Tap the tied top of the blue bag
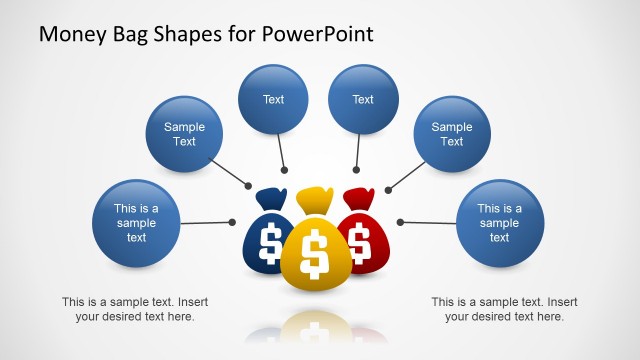click(271, 197)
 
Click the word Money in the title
click(72, 34)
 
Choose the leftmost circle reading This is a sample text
click(136, 223)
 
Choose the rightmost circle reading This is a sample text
click(499, 223)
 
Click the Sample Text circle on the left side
click(184, 134)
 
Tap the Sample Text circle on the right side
click(452, 134)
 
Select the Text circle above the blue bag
click(273, 99)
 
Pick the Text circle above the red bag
click(363, 99)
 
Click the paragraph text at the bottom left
click(135, 309)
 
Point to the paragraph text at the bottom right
click(504, 309)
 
